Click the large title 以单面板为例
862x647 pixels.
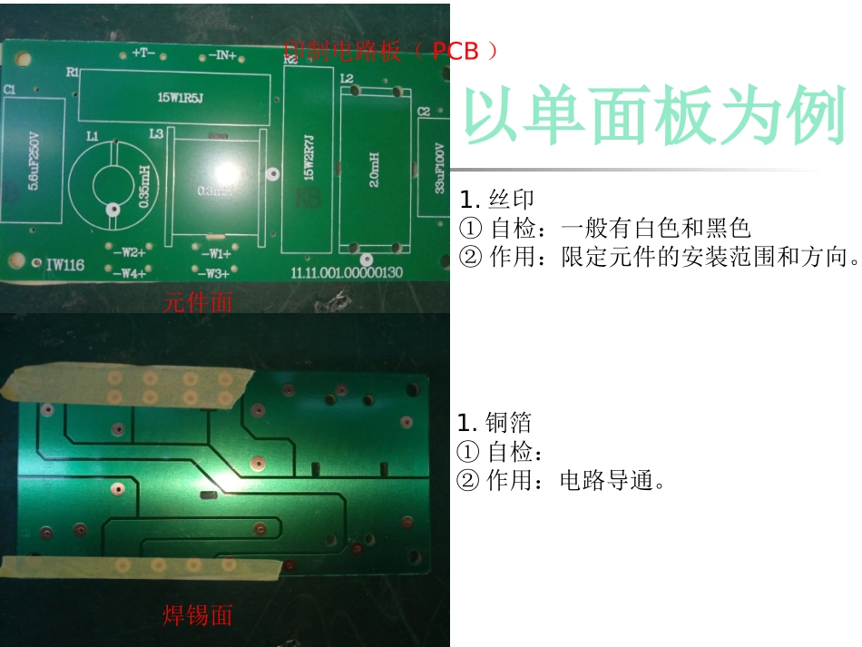pyautogui.click(x=654, y=119)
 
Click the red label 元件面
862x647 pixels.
pyautogui.click(x=198, y=303)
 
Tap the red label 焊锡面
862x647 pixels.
pyautogui.click(x=198, y=615)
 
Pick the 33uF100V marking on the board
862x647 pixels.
pyautogui.click(x=439, y=168)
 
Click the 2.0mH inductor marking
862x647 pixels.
pyautogui.click(x=375, y=168)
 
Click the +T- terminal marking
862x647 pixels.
pyautogui.click(x=142, y=54)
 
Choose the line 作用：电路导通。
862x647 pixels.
pyautogui.click(x=563, y=480)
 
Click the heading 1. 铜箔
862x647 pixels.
pyautogui.click(x=495, y=423)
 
